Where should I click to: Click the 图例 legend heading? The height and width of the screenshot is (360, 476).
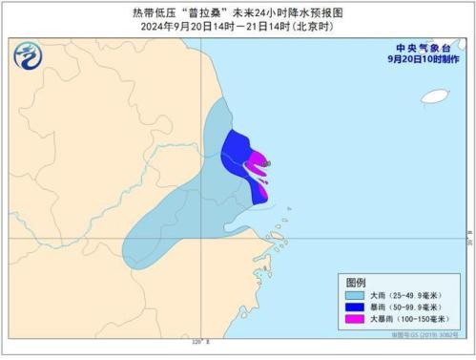coord(356,284)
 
